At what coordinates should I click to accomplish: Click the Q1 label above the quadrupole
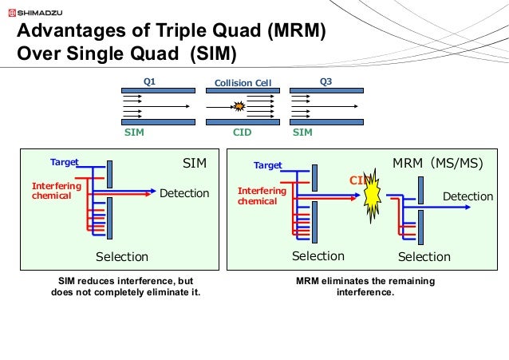coord(149,81)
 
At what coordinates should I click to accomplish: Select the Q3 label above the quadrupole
coord(326,81)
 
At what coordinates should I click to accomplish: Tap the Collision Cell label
coord(239,82)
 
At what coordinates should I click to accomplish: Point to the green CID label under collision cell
coord(242,133)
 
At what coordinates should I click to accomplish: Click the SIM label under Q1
coord(134,133)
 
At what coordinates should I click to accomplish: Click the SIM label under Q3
coord(302,133)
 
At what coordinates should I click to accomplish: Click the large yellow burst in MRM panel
coord(372,196)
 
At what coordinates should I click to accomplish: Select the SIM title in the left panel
coord(195,164)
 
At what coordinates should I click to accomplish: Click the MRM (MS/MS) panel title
coord(438,164)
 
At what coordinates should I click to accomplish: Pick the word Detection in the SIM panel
coord(184,193)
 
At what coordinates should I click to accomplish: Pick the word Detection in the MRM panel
coord(468,196)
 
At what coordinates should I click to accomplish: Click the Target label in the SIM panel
coord(65,162)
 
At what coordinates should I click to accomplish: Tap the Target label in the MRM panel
coord(268,165)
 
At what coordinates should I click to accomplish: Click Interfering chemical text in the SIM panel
coord(51,190)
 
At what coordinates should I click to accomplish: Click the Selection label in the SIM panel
coord(122,256)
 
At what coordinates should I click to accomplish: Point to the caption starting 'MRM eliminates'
coord(345,287)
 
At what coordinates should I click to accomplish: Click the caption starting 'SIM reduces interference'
coord(126,287)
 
